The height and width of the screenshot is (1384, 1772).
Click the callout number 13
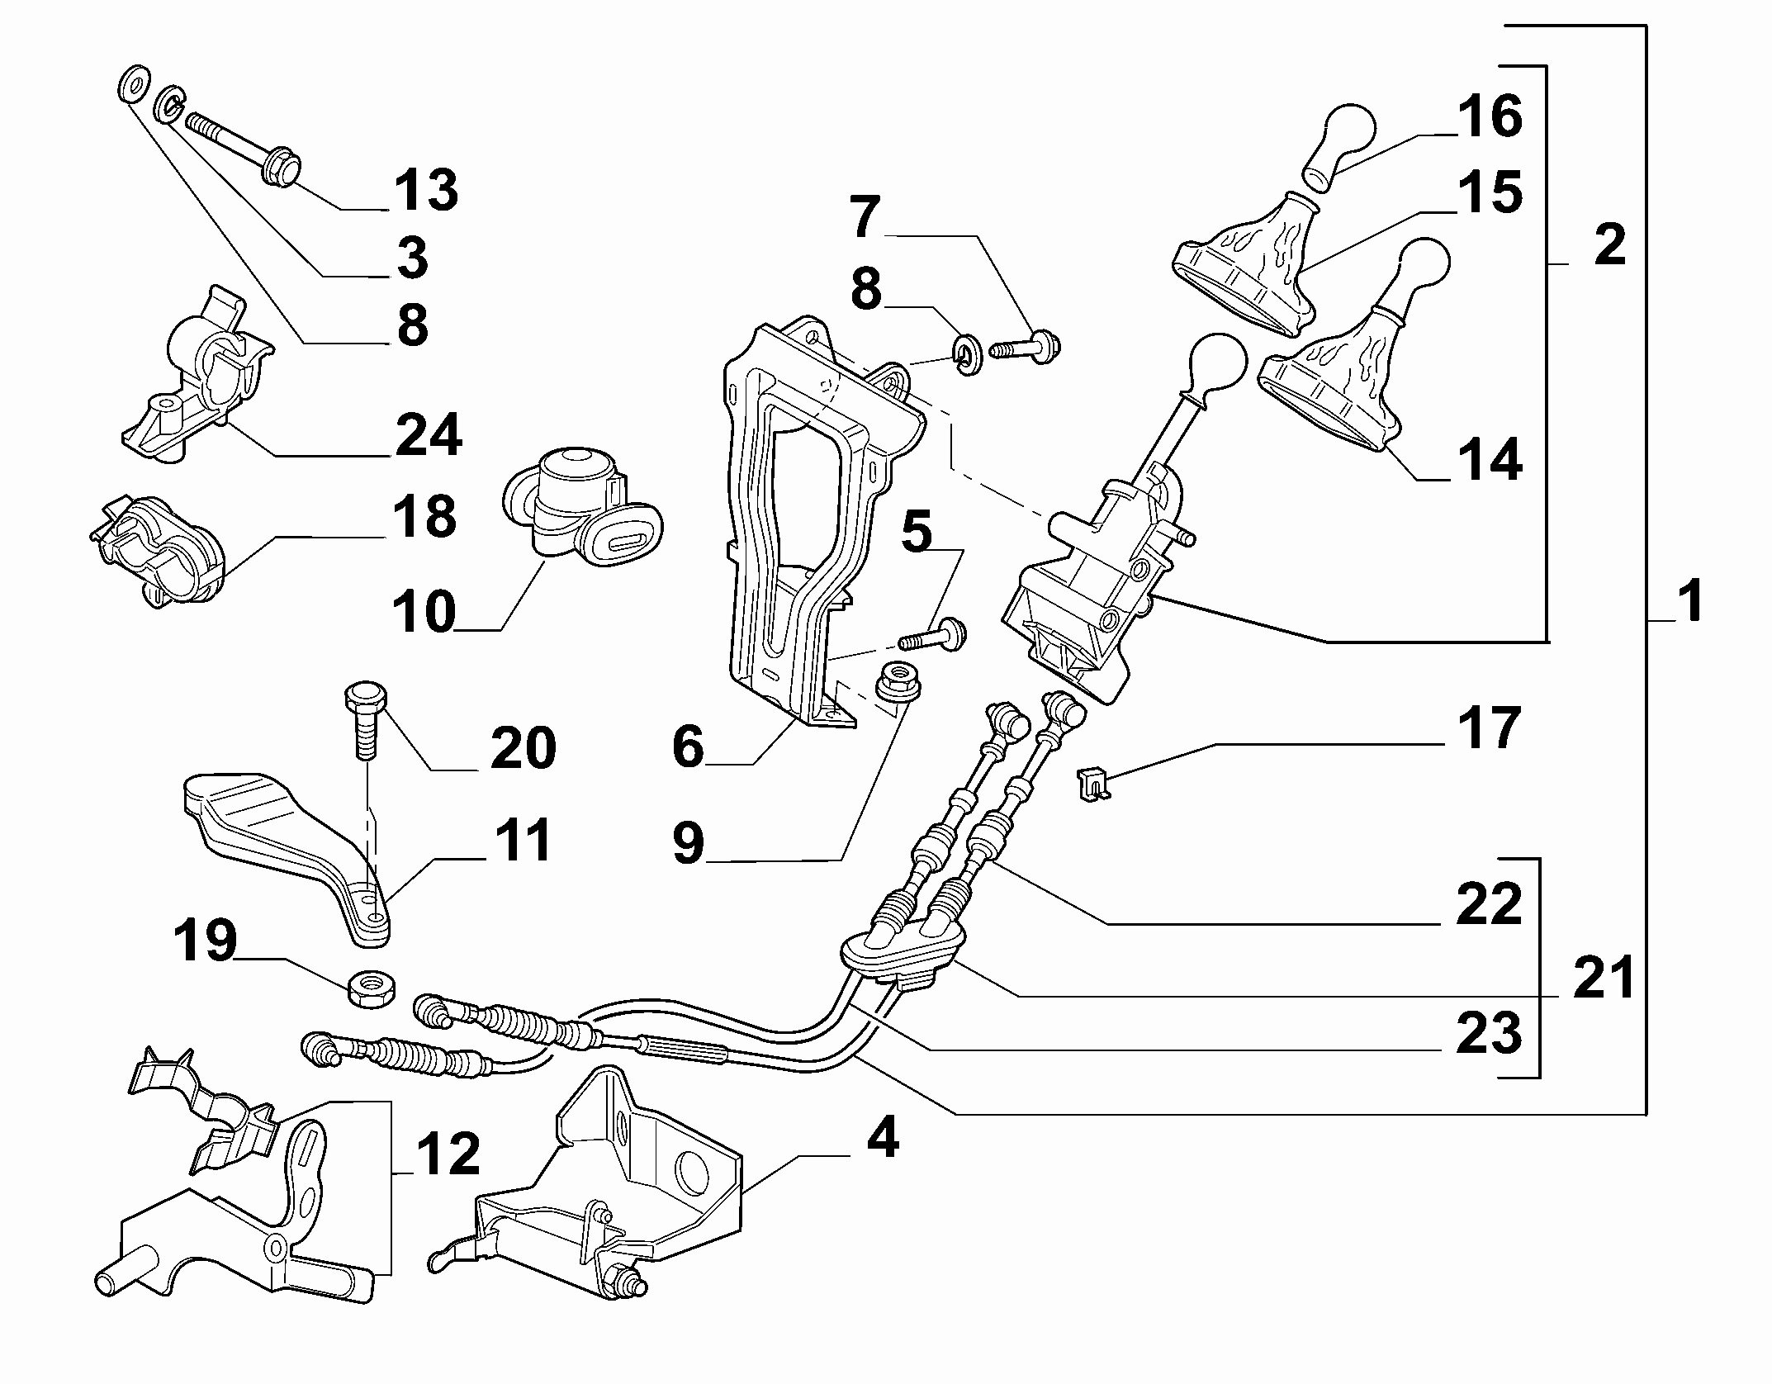425,189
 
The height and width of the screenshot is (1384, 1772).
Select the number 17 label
1489,728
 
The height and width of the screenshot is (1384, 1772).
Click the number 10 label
424,611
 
